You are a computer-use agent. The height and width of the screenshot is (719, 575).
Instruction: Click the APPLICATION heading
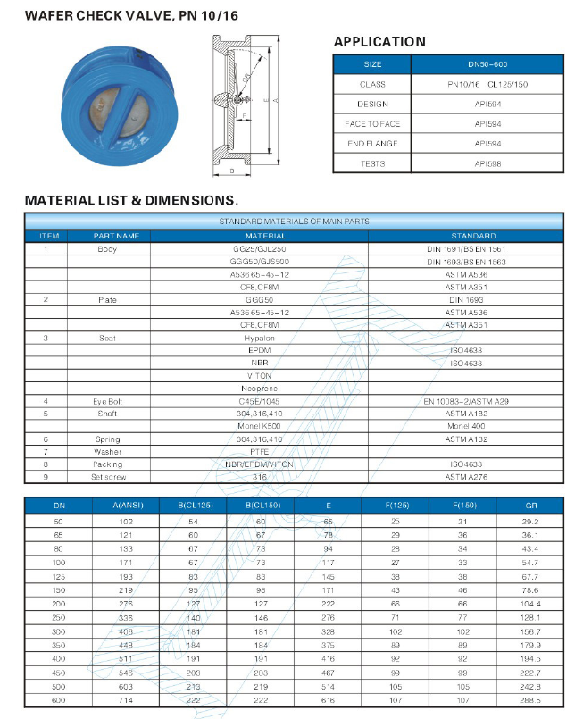379,42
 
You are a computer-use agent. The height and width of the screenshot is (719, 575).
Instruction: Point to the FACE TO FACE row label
372,124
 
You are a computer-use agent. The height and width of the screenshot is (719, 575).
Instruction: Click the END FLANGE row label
372,144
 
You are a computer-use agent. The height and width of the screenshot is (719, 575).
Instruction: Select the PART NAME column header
117,236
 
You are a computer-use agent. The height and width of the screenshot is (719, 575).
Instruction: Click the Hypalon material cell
259,339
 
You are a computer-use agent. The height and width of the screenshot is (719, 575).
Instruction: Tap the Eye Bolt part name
107,402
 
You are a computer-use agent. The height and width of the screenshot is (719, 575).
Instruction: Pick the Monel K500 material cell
259,427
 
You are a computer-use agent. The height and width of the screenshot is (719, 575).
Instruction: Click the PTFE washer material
259,452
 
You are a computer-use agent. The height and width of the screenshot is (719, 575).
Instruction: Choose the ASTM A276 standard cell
465,477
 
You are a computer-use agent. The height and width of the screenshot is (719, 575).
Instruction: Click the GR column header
531,506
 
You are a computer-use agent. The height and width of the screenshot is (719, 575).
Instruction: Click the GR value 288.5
531,702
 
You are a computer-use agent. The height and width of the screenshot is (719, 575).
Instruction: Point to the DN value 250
60,616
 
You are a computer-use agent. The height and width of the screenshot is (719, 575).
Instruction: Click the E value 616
328,702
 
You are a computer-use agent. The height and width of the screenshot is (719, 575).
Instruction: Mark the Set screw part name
107,477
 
